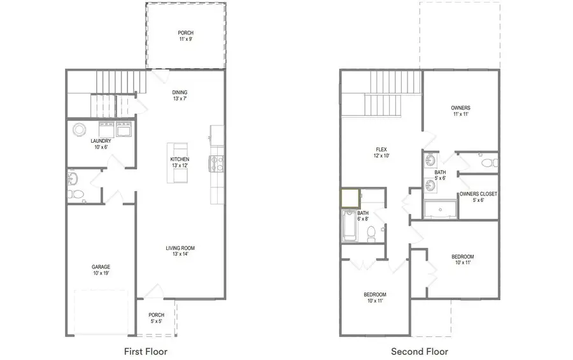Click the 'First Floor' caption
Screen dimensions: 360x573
coord(146,351)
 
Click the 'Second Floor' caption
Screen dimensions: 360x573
coord(419,351)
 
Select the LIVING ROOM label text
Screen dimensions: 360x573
coord(180,248)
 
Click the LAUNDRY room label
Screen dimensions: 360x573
coord(101,141)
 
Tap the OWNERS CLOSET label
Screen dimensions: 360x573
coord(478,194)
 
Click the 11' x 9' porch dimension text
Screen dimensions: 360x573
coord(185,40)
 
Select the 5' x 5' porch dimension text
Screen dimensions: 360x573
coord(157,322)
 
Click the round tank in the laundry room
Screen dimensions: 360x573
coord(80,129)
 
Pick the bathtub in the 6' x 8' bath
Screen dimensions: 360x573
coord(350,226)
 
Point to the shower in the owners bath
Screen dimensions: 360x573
coord(441,210)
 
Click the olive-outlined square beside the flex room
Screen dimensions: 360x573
coord(349,198)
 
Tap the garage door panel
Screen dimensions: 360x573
coord(103,312)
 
